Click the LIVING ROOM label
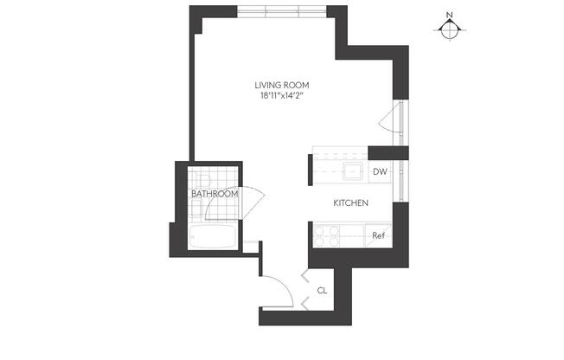pos(281,85)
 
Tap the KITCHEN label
pos(351,203)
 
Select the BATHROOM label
pos(214,194)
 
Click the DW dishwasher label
pos(379,172)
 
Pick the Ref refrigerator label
pos(378,235)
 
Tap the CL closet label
pos(322,291)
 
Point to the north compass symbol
pos(449,29)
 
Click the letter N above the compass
pos(449,15)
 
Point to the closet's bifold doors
pos(304,291)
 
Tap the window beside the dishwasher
pos(401,172)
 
